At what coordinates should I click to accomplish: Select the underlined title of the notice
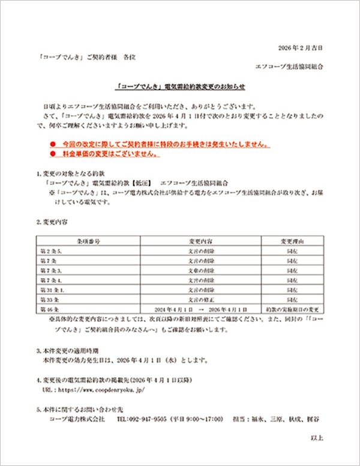point(181,86)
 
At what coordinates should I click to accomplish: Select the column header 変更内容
point(200,240)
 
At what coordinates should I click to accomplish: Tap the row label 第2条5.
point(50,249)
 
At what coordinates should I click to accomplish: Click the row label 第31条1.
point(51,289)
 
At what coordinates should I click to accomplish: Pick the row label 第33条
point(49,298)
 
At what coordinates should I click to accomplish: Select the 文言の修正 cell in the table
point(200,298)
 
